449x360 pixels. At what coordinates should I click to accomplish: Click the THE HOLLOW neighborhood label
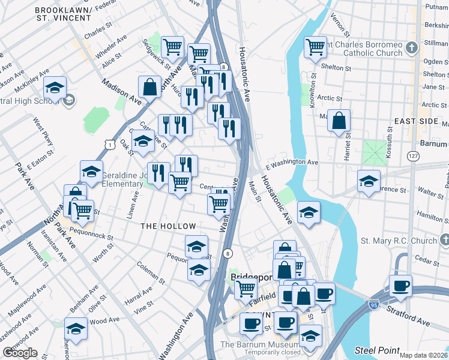[168, 226]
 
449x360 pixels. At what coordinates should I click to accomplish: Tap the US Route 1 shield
[109, 144]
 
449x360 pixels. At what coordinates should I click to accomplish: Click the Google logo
[20, 353]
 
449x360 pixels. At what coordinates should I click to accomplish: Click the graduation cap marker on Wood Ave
[76, 329]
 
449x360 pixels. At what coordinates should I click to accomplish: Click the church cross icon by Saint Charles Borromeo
[412, 47]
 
